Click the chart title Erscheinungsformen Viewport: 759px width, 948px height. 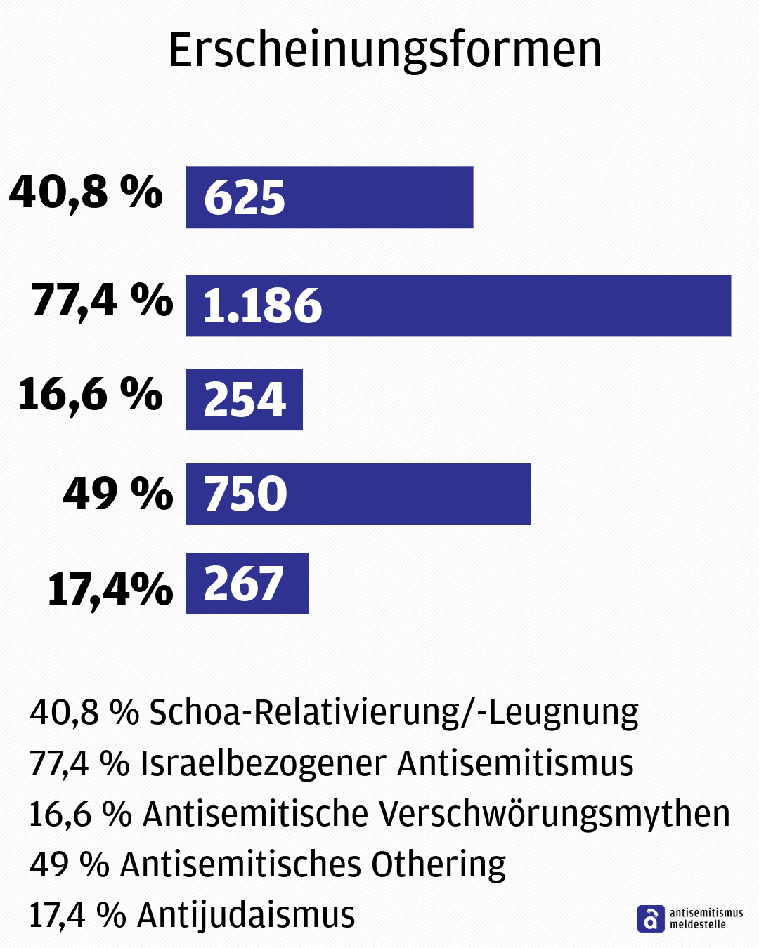pyautogui.click(x=385, y=51)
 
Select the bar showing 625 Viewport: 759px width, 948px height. pyautogui.click(x=329, y=197)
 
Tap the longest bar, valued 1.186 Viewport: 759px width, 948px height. pyautogui.click(x=458, y=305)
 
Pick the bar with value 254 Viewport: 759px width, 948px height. pyautogui.click(x=244, y=400)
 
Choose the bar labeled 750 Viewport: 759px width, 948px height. pyautogui.click(x=358, y=494)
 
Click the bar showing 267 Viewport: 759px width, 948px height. pyautogui.click(x=247, y=584)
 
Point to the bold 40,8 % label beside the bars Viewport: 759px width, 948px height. pyautogui.click(x=86, y=192)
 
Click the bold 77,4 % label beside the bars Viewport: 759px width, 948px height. pyautogui.click(x=102, y=301)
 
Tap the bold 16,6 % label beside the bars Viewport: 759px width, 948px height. pyautogui.click(x=90, y=394)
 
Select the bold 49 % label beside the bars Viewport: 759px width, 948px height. pyautogui.click(x=117, y=494)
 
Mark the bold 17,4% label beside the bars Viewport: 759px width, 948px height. pyautogui.click(x=110, y=588)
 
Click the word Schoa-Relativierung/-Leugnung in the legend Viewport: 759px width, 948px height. pyautogui.click(x=394, y=713)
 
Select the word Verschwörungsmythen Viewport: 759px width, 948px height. pyautogui.click(x=554, y=815)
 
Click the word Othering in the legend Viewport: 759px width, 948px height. pyautogui.click(x=438, y=865)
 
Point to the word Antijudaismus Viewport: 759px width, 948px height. pyautogui.click(x=246, y=915)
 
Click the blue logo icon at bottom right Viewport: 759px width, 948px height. pyautogui.click(x=650, y=919)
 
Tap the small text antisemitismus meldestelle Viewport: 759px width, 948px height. pyautogui.click(x=706, y=919)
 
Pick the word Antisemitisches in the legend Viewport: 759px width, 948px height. pyautogui.click(x=241, y=865)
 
